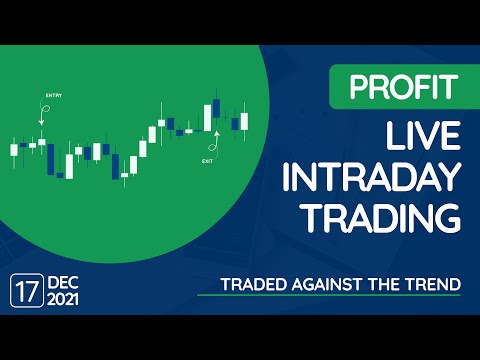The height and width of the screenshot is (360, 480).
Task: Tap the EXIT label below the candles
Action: (207, 160)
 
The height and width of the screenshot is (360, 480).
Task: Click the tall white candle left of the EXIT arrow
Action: (206, 117)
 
